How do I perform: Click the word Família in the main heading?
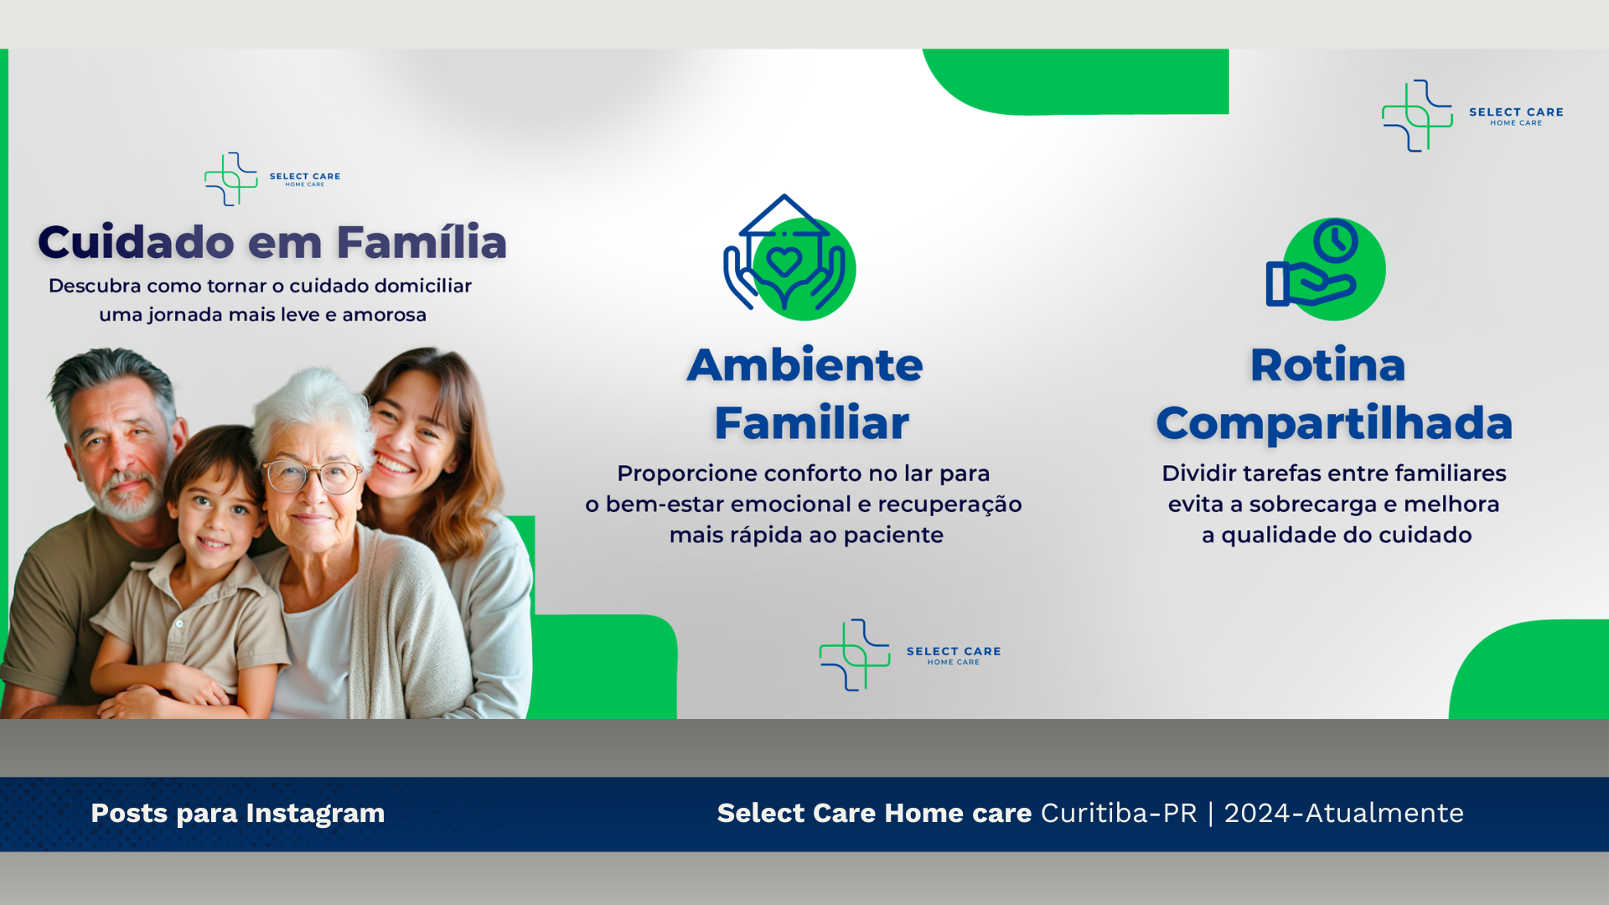pos(422,242)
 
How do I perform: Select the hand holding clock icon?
pos(1325,269)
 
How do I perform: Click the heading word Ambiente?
pos(804,365)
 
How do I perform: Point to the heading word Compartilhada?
pos(1334,424)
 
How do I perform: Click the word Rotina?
pos(1327,365)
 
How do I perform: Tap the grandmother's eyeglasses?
pos(311,476)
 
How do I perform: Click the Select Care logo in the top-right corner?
pos(1472,116)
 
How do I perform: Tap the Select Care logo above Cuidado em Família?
pos(272,178)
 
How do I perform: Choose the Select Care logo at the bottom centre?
pos(910,655)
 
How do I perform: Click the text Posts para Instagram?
pos(238,814)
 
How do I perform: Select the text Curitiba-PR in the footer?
pos(1119,814)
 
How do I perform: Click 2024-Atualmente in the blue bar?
pos(1344,814)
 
